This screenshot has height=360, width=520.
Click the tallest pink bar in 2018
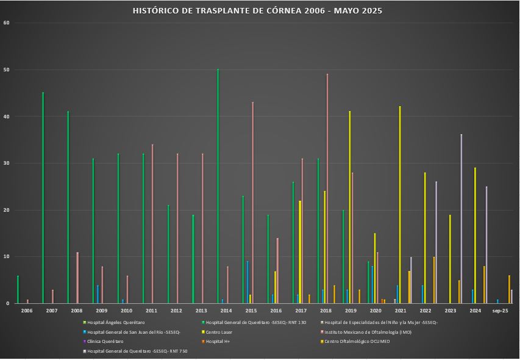[327, 189]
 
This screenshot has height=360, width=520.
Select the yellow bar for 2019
[350, 207]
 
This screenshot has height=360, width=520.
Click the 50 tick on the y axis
[7, 70]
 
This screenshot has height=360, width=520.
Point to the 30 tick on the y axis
[7, 163]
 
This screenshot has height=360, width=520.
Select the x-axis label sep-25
[500, 311]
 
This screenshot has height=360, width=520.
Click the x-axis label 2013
[201, 311]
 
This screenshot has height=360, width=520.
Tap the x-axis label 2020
[376, 311]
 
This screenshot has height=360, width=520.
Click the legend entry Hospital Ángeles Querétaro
[116, 322]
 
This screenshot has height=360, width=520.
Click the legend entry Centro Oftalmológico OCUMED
[357, 342]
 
